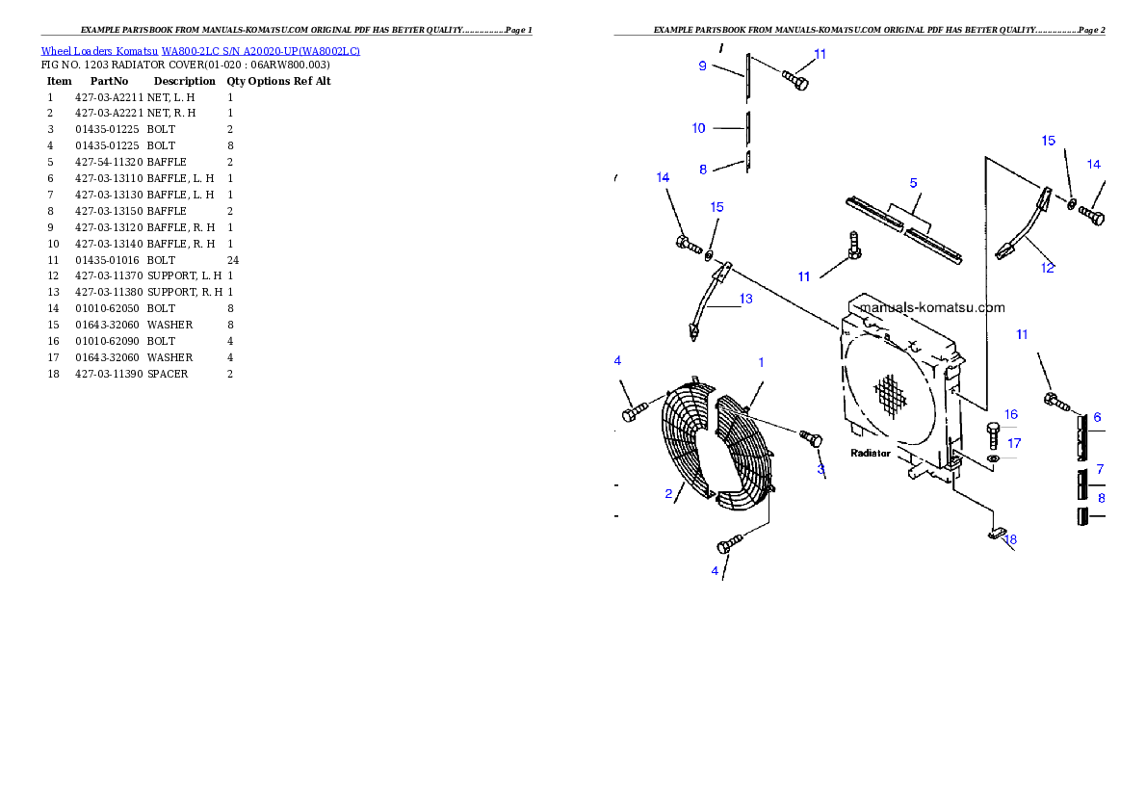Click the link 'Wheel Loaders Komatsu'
pyautogui.click(x=98, y=51)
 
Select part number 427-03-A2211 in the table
pyautogui.click(x=109, y=97)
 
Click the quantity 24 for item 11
pyautogui.click(x=233, y=260)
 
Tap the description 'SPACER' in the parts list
pyautogui.click(x=168, y=374)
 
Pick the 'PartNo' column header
pyautogui.click(x=109, y=81)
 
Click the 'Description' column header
pyautogui.click(x=184, y=81)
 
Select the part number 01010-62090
pyautogui.click(x=107, y=342)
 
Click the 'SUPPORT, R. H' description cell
pyautogui.click(x=185, y=293)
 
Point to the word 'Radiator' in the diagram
pyautogui.click(x=871, y=454)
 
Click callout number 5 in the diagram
pyautogui.click(x=913, y=183)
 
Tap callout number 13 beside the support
pyautogui.click(x=745, y=299)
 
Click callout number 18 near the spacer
pyautogui.click(x=1010, y=539)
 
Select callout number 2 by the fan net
pyautogui.click(x=668, y=493)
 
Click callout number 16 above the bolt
pyautogui.click(x=1011, y=414)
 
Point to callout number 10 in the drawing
pyautogui.click(x=699, y=129)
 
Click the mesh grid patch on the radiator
pyautogui.click(x=891, y=396)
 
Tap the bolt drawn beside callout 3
pyautogui.click(x=811, y=438)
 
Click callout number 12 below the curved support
pyautogui.click(x=1048, y=268)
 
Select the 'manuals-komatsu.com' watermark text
pyautogui.click(x=932, y=308)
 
